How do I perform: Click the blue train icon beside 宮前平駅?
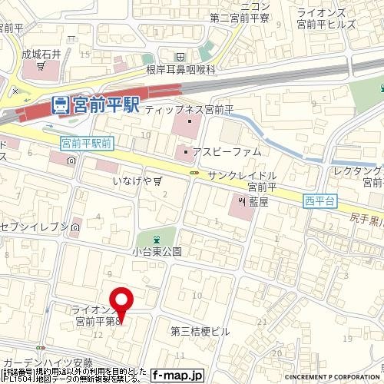pyautogui.click(x=59, y=105)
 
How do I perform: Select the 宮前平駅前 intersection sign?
pyautogui.click(x=86, y=143)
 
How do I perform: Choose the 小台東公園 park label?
pyautogui.click(x=155, y=251)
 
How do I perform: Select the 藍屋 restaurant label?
pyautogui.click(x=257, y=202)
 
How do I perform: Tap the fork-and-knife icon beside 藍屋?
pyautogui.click(x=240, y=202)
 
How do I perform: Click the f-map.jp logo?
pyautogui.click(x=177, y=375)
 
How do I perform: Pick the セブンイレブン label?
pyautogui.click(x=35, y=228)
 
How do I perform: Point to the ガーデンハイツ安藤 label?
pyautogui.click(x=48, y=362)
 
